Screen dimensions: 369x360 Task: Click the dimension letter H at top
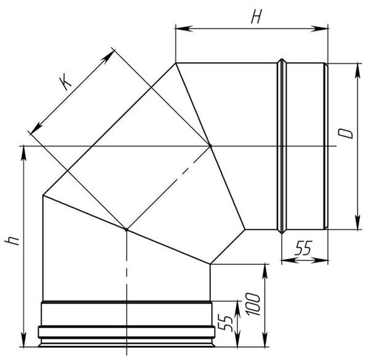point(256,17)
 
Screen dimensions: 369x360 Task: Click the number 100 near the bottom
point(253,304)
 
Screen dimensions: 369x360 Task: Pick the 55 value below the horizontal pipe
point(303,248)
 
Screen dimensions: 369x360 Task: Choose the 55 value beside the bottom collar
point(225,323)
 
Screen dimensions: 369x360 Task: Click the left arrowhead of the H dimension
point(184,28)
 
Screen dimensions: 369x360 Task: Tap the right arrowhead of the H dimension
point(319,29)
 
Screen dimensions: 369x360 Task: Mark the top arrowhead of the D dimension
point(358,71)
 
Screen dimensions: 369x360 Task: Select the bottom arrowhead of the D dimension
point(358,221)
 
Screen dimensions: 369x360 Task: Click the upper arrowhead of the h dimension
point(23,155)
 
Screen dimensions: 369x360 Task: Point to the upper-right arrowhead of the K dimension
point(107,57)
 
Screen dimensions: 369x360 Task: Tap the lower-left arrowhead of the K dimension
point(36,127)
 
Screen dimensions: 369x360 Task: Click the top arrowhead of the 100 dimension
point(265,272)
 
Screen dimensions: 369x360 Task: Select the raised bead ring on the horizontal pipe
point(282,146)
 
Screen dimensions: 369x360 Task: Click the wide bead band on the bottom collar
point(127,332)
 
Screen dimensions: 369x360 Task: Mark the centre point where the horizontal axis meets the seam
point(210,146)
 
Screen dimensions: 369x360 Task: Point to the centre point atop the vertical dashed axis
point(127,229)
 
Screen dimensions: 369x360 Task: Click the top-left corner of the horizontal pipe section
point(176,63)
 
